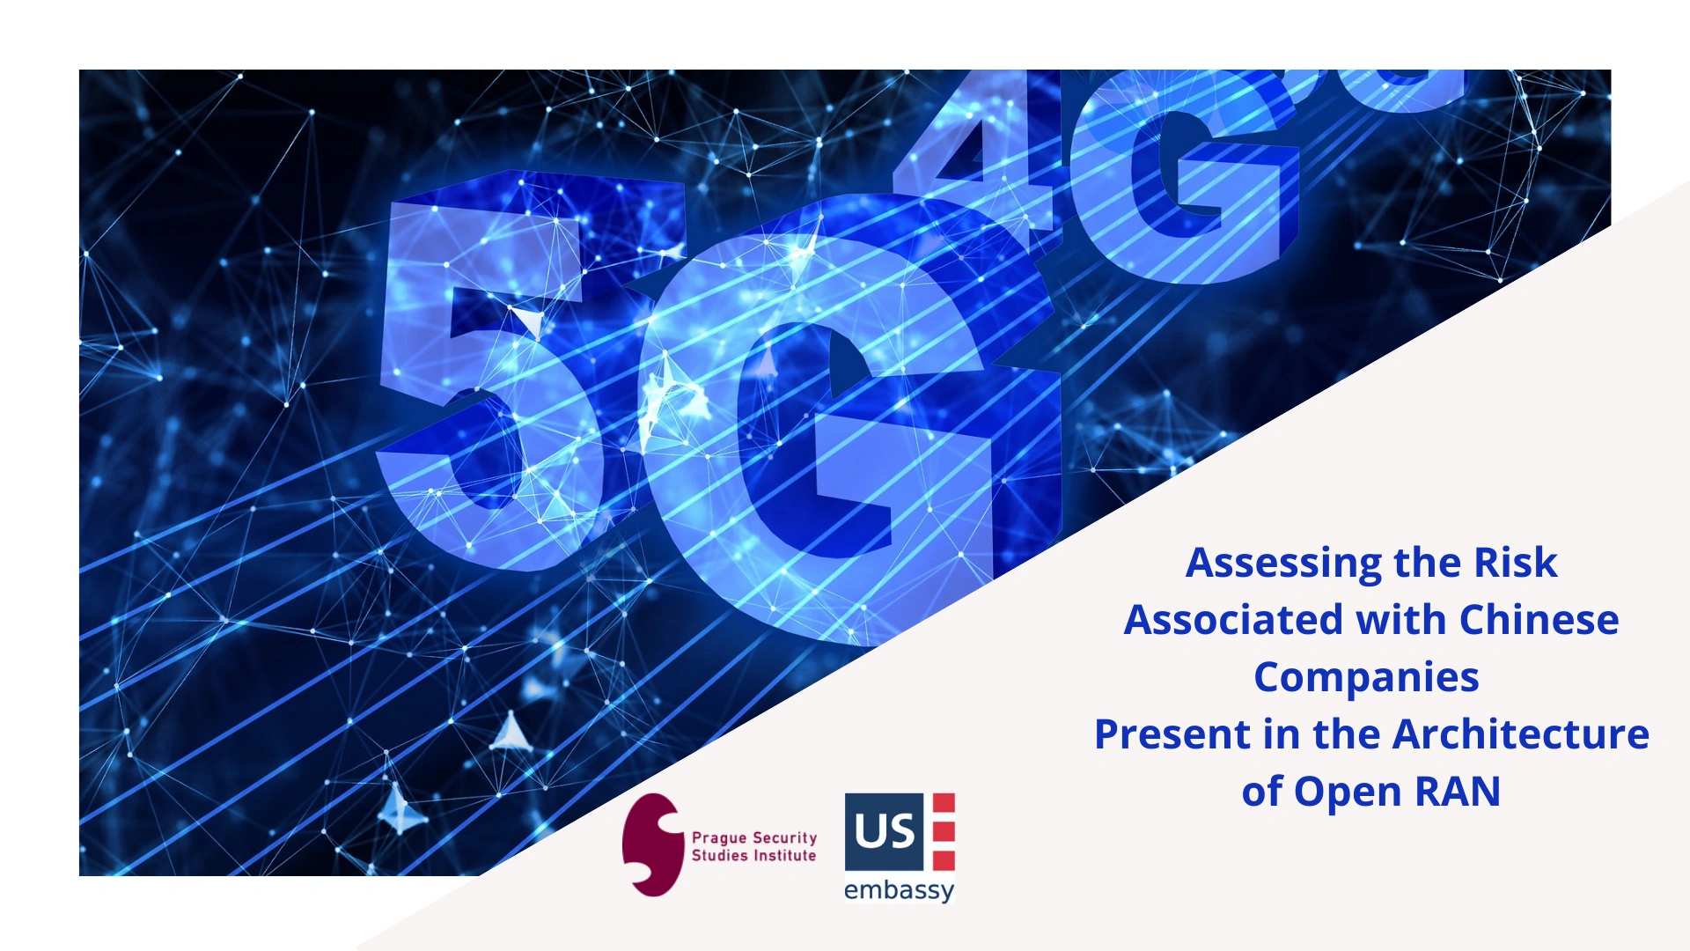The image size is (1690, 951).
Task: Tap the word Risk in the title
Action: (1516, 563)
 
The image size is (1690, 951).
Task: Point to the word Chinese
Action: (1539, 620)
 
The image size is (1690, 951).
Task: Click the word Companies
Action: (1366, 678)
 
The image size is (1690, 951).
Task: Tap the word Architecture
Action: (1521, 734)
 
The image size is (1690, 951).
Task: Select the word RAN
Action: (1457, 792)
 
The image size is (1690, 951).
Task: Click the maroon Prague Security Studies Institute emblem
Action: (651, 845)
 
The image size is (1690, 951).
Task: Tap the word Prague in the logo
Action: (718, 839)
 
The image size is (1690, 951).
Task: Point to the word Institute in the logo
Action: (784, 855)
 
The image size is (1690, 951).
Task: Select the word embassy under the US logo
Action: (899, 890)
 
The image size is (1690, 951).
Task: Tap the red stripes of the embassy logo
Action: (944, 831)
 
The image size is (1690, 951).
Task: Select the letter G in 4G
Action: (1188, 176)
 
